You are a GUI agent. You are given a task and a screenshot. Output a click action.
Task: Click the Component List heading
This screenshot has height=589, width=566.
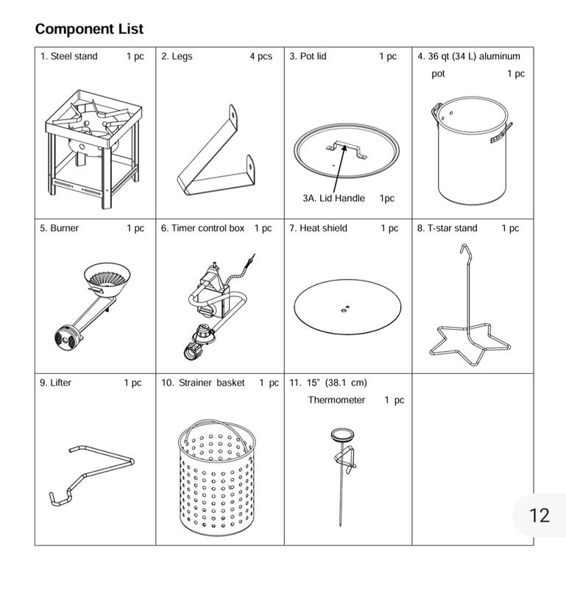(89, 29)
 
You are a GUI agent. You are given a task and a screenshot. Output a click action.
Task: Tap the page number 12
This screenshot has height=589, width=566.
(540, 515)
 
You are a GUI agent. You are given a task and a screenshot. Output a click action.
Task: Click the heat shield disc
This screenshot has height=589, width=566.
(347, 307)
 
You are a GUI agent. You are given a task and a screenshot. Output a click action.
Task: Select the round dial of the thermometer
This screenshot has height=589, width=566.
(342, 436)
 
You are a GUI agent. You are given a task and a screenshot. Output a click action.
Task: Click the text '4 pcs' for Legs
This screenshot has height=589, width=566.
(260, 57)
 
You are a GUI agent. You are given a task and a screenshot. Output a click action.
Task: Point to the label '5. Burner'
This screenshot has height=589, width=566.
(60, 228)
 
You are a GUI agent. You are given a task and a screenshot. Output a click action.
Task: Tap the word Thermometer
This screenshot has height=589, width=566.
(336, 401)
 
